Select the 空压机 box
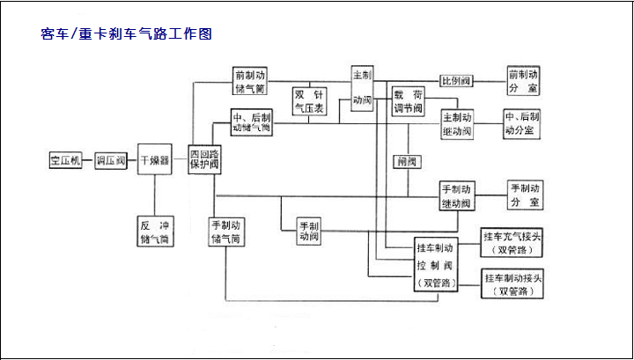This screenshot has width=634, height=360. tap(66, 161)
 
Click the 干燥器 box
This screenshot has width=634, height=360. tap(153, 161)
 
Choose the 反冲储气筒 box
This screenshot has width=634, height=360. tap(155, 231)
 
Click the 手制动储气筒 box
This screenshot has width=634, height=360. tap(226, 231)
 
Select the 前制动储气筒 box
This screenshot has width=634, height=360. tap(251, 82)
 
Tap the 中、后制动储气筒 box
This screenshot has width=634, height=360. tap(251, 122)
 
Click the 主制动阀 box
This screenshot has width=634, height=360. tap(362, 86)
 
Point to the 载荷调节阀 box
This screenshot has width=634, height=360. tap(409, 101)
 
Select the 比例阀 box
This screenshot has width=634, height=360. tap(456, 81)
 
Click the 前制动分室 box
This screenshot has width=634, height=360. tap(524, 81)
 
